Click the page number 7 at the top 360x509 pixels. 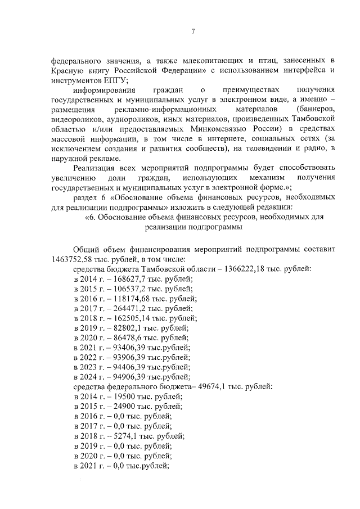(192, 31)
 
